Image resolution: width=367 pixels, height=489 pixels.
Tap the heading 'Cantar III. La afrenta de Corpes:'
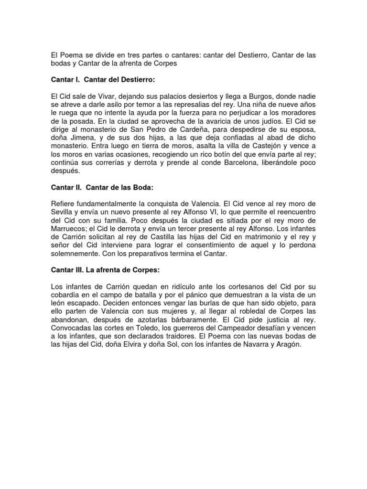(x=105, y=270)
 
